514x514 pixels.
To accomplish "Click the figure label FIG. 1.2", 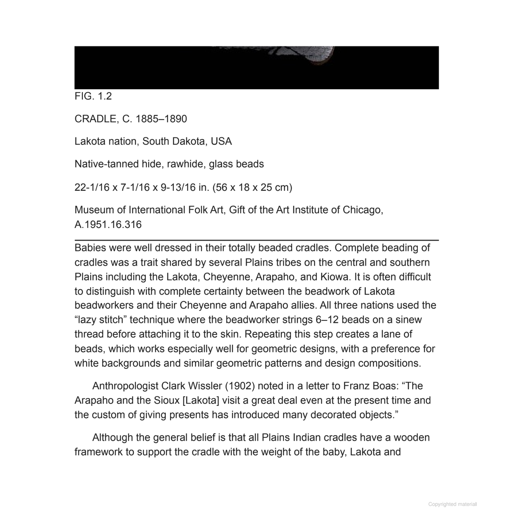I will (x=93, y=96).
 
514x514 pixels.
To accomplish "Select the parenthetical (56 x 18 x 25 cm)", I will (x=252, y=187).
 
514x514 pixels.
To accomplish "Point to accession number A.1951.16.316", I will (x=108, y=225).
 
